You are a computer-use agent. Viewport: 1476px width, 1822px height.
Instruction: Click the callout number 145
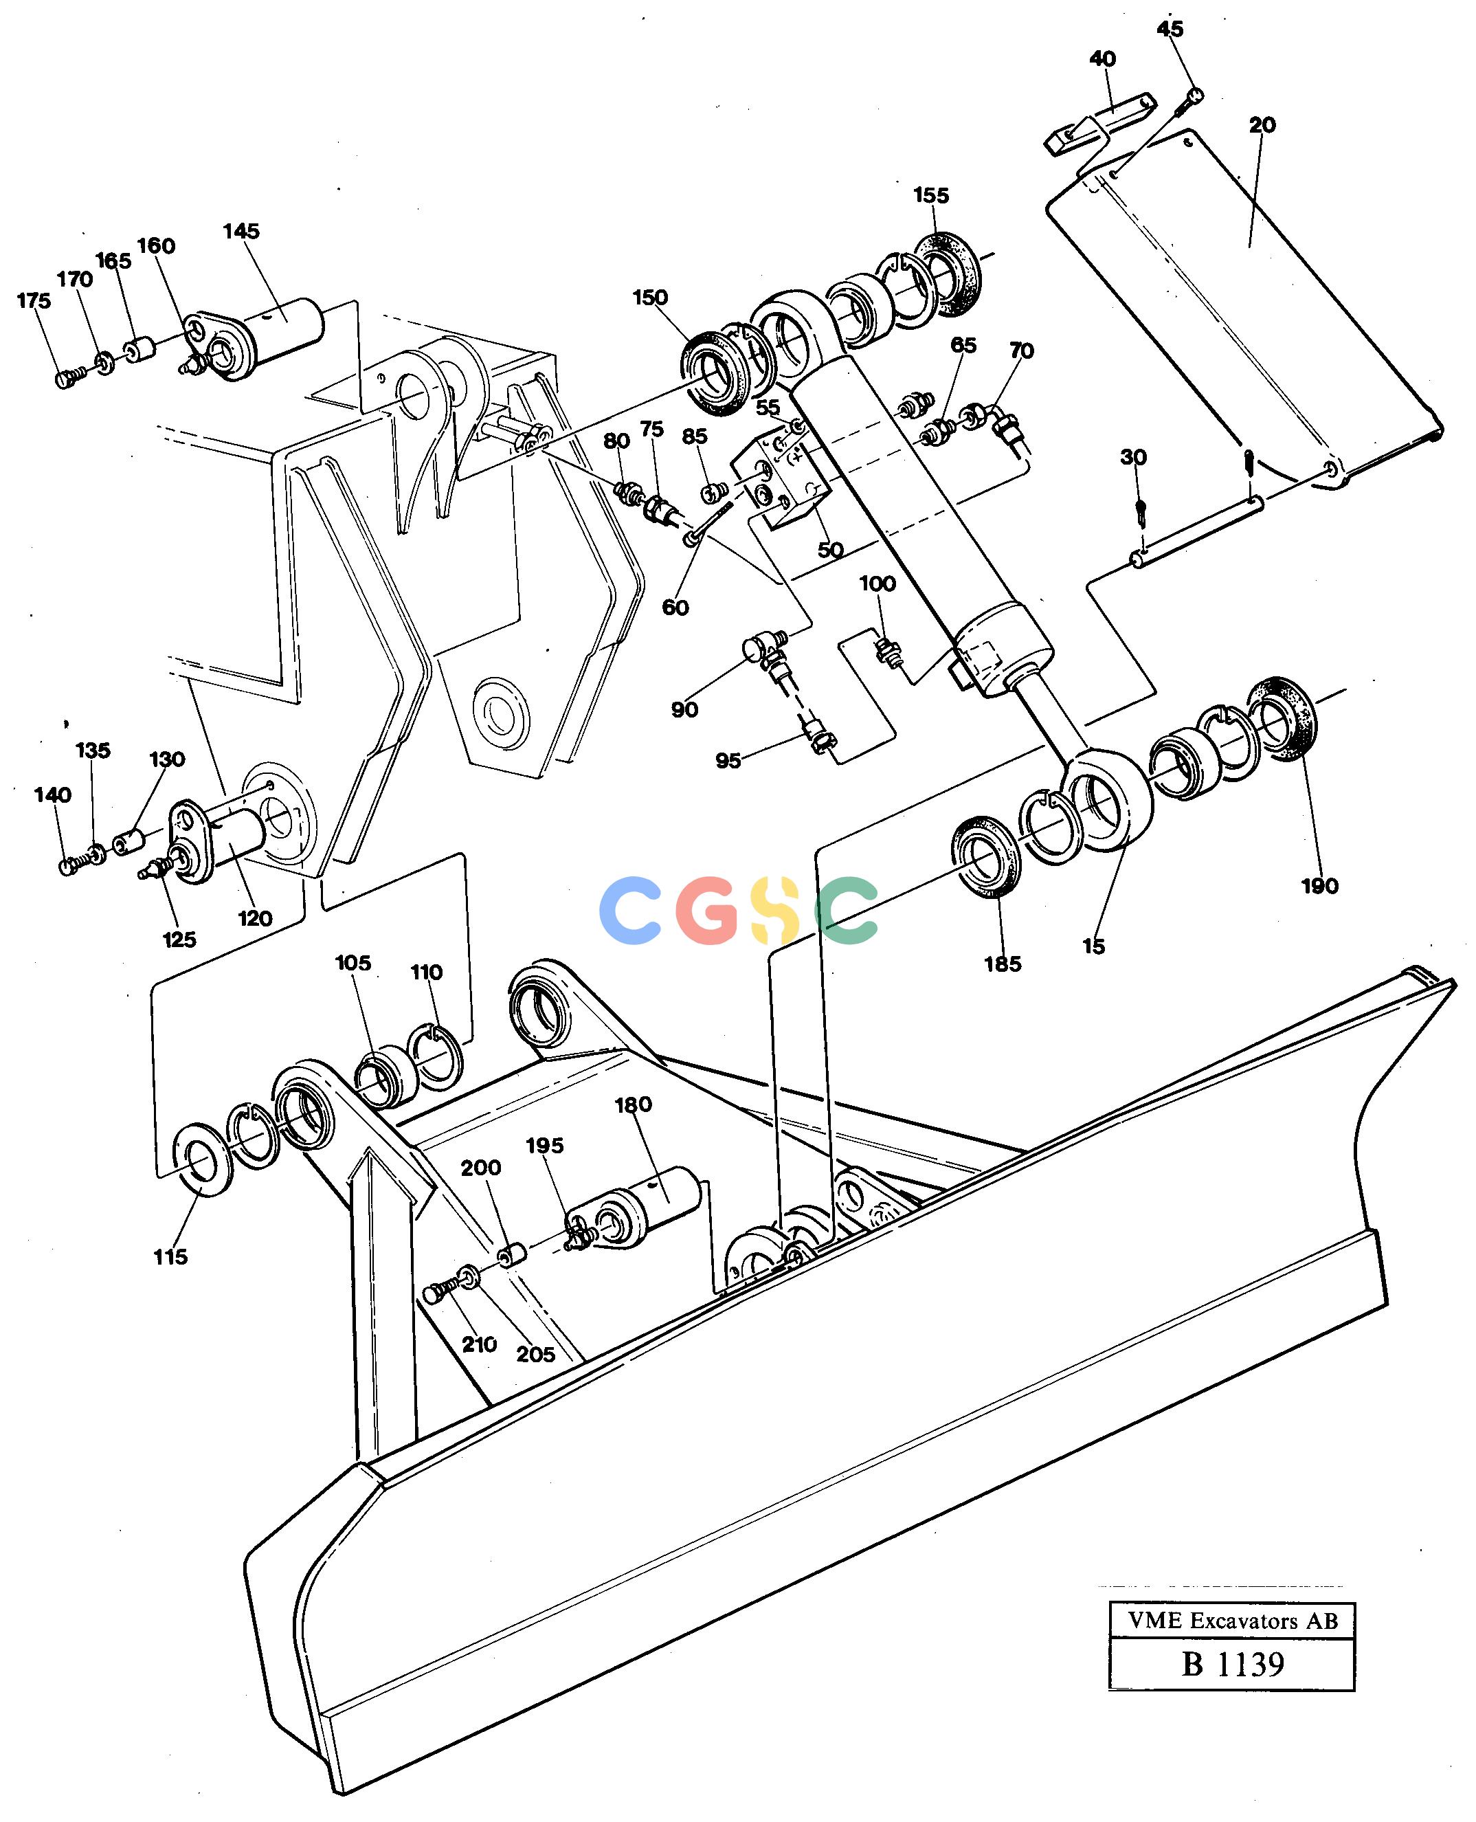(241, 231)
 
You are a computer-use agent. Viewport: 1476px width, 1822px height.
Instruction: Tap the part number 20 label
(1262, 125)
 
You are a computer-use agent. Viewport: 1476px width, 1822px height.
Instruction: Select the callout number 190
(1319, 886)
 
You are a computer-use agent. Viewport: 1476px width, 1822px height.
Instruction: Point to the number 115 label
(170, 1256)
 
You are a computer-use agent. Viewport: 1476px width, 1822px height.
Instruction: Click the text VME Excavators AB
(1233, 1621)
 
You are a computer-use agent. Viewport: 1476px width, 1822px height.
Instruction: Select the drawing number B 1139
(1233, 1664)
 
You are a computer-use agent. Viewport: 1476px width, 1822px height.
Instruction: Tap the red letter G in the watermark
(707, 911)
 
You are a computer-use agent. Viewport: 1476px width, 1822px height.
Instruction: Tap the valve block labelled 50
(784, 480)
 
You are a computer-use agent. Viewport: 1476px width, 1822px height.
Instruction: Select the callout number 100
(877, 584)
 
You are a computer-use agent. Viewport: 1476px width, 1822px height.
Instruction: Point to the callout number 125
(179, 940)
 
